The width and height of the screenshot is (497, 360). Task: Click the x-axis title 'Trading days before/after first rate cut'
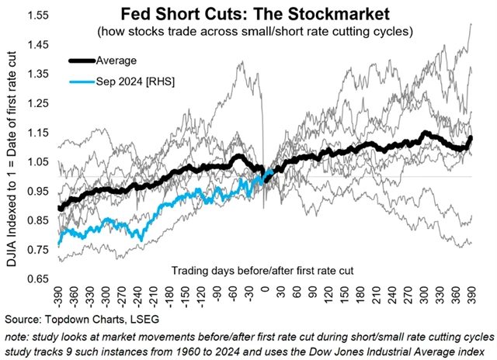point(255,268)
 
